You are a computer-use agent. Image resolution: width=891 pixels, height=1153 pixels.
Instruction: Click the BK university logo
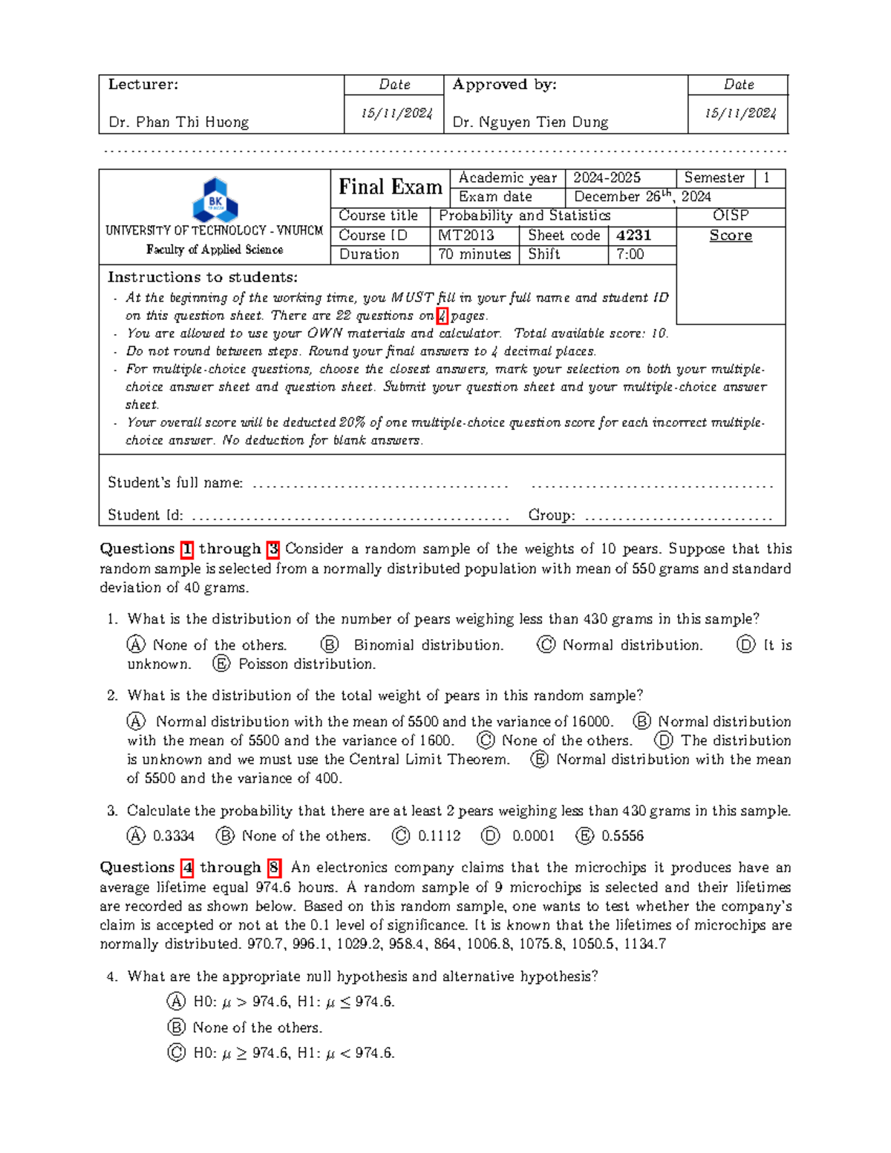215,199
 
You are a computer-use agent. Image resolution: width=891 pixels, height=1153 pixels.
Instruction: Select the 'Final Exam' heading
391,187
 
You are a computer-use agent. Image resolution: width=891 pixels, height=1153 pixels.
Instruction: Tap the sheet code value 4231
633,235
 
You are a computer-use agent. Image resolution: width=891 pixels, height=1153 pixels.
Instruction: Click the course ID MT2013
466,235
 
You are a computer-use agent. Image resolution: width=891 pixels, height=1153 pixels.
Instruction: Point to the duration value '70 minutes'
474,255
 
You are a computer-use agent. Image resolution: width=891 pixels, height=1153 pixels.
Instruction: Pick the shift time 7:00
630,255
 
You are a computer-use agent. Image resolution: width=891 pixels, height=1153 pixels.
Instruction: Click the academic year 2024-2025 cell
607,177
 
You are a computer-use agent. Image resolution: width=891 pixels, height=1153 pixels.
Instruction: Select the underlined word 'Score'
731,235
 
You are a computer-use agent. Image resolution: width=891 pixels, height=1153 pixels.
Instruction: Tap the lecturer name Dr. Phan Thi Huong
178,122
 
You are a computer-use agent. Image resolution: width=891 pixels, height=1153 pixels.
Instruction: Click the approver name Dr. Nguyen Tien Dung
530,122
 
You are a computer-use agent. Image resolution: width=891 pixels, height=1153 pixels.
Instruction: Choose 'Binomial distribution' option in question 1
428,645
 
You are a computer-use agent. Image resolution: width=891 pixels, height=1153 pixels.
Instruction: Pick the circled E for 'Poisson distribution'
221,664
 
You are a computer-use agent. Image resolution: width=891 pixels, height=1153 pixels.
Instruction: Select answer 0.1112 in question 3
439,836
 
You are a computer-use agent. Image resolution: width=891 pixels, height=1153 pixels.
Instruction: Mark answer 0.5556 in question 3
622,836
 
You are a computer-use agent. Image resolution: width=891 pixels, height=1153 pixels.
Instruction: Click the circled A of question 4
176,1002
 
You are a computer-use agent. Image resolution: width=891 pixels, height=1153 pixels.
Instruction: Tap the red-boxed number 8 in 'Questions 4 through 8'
274,867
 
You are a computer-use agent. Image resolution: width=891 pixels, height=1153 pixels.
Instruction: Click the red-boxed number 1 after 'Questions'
186,549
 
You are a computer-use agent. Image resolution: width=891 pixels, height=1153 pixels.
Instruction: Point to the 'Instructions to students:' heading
203,278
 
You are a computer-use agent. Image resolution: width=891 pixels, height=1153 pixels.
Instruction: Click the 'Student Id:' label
146,515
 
